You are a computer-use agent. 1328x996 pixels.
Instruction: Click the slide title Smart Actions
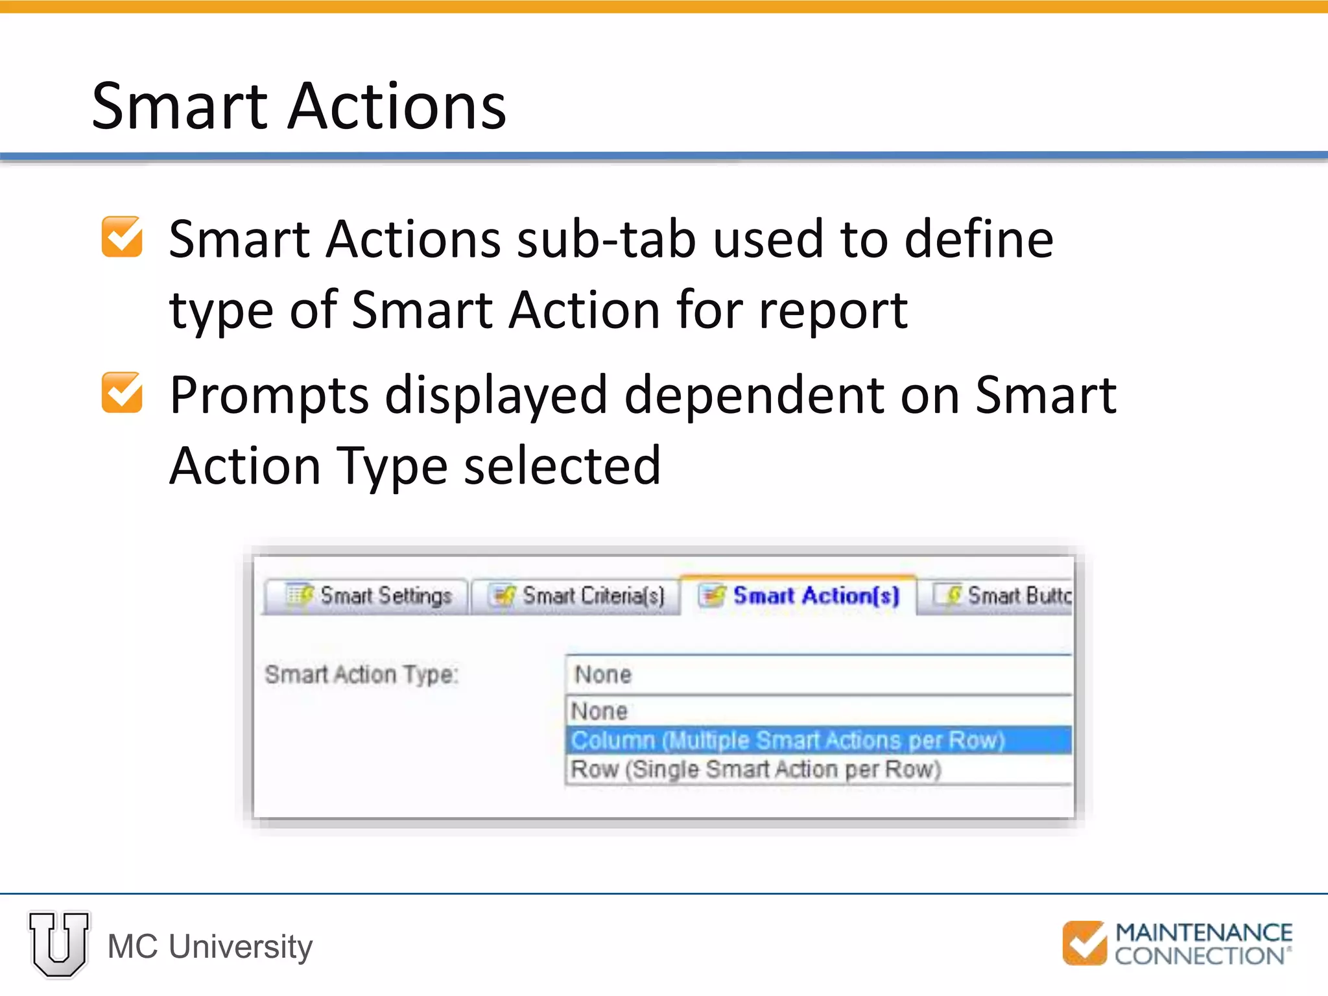point(299,106)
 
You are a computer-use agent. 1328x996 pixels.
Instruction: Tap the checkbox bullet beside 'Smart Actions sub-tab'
point(122,237)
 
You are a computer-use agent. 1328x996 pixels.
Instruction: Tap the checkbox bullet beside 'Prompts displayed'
point(122,393)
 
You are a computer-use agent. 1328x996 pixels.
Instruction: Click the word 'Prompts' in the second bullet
point(269,396)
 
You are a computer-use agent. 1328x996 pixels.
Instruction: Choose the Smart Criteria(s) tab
point(576,595)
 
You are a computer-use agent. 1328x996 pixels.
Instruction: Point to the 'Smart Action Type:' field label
point(361,674)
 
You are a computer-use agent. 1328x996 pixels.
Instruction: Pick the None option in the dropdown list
point(599,711)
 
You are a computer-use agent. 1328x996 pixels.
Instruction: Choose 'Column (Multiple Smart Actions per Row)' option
point(787,740)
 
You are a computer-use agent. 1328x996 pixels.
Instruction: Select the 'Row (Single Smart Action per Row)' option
point(755,770)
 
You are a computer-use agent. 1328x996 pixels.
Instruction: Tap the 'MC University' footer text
point(210,947)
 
